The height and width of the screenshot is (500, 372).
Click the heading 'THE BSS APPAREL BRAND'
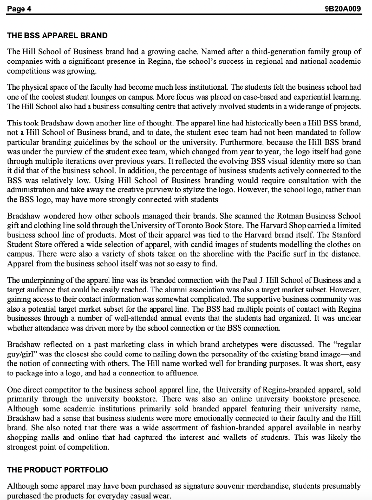tap(57, 36)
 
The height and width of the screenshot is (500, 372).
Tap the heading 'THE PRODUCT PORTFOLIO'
tap(57, 469)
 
